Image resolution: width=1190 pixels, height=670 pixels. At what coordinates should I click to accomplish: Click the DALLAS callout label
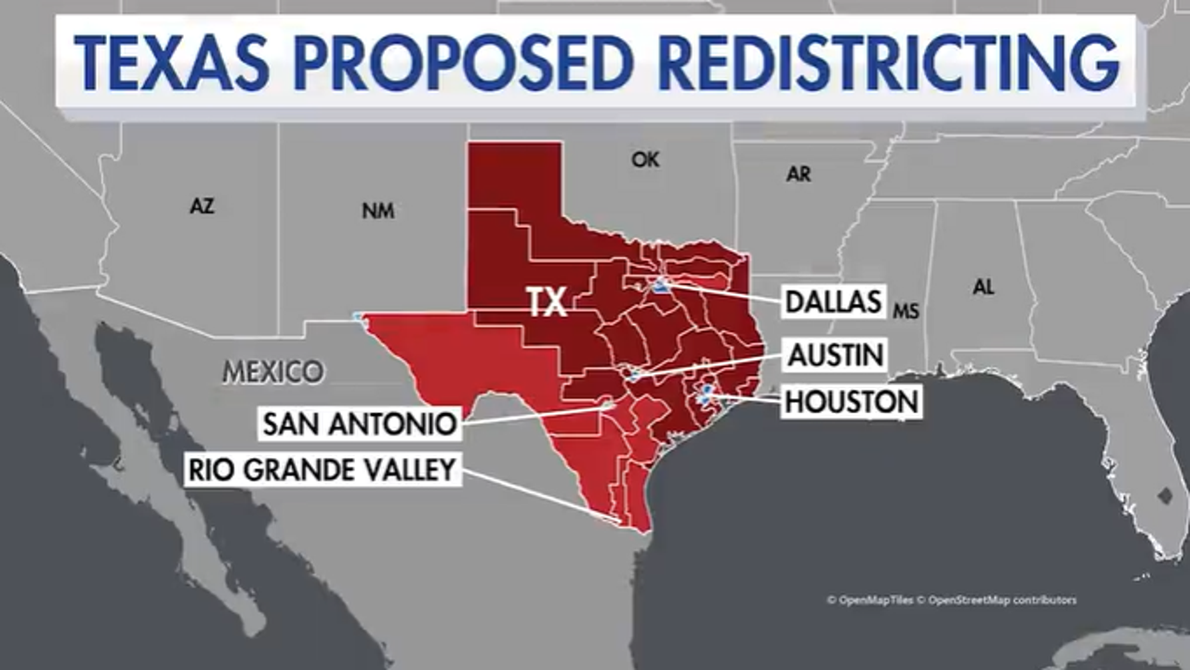pos(833,301)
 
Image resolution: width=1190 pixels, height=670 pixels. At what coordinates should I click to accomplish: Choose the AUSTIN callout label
pos(836,354)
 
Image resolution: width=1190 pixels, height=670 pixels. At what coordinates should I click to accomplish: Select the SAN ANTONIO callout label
pos(360,424)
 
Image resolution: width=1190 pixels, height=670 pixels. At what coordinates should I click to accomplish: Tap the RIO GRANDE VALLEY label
pos(323,469)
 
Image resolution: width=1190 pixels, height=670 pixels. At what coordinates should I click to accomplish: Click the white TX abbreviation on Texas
pos(547,302)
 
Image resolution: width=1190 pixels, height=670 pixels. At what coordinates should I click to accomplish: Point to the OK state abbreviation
pos(645,160)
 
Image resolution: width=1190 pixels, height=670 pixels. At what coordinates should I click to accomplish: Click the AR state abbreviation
pos(798,174)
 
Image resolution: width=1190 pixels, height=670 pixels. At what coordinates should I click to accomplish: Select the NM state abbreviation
pos(377,211)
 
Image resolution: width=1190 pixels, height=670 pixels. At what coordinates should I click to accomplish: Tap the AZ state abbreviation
pos(202,207)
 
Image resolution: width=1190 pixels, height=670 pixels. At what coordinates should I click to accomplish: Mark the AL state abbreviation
pos(983,288)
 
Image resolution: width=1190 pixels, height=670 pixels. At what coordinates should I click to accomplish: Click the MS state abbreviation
pos(906,312)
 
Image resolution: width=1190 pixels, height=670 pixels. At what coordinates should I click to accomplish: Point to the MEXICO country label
pos(273,372)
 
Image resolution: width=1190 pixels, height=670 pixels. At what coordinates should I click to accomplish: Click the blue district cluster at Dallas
pos(661,287)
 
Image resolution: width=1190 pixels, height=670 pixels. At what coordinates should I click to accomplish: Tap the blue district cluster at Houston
pos(707,395)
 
